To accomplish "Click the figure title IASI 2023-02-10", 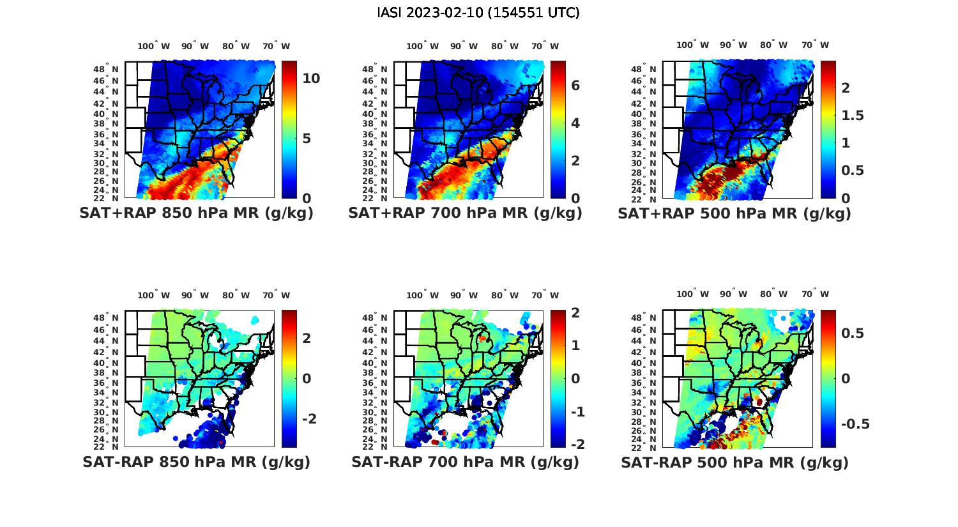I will pos(478,13).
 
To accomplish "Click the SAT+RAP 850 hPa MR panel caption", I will pos(196,213).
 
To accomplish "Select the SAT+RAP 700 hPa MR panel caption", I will pos(465,213).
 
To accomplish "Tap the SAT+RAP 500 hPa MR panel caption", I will pos(734,213).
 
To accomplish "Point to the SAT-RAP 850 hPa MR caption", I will pos(196,462).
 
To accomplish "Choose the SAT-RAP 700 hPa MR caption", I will pos(465,462).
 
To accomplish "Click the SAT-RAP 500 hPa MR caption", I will pos(734,462).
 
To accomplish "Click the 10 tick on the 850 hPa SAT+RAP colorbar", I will pos(311,79).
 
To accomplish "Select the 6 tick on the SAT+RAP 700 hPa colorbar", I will pos(575,85).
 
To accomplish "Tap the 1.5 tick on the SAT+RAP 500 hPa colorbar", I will pos(853,116).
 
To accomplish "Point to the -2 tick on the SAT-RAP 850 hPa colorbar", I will pos(309,418).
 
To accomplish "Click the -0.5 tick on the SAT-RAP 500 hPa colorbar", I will pos(855,425).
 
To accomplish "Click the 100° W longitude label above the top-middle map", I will pos(422,46).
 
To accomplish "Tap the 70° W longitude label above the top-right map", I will pos(815,45).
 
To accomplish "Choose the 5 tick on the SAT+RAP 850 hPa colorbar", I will pos(307,139).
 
